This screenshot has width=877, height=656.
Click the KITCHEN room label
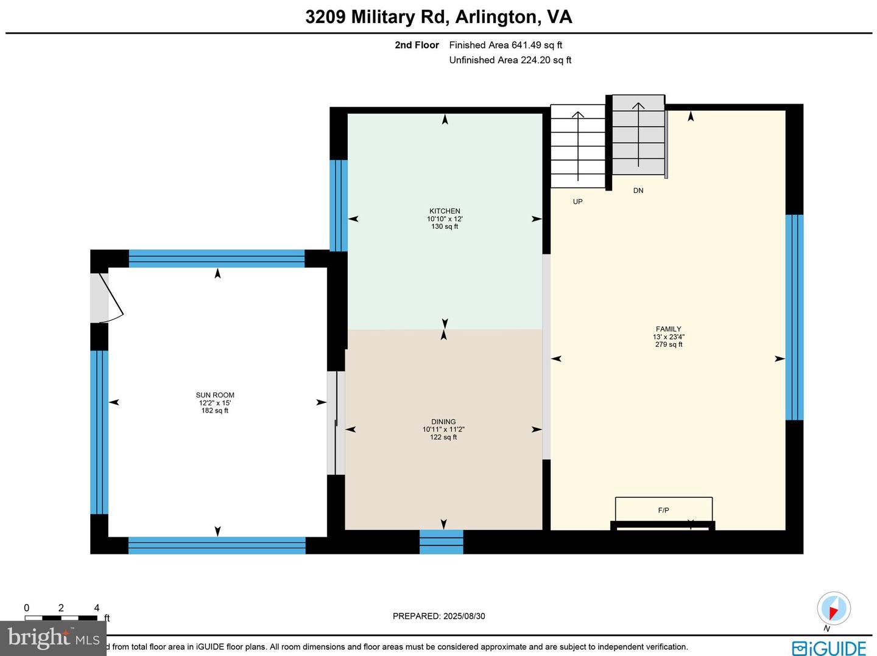(445, 211)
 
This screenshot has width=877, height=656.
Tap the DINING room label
(443, 422)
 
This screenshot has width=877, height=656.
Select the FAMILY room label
(668, 329)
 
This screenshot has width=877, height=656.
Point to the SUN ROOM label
(215, 395)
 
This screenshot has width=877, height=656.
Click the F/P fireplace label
(663, 511)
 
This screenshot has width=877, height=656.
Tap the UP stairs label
(577, 201)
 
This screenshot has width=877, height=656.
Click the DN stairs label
(638, 190)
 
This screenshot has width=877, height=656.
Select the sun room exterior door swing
(110, 298)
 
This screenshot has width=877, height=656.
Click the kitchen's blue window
(339, 206)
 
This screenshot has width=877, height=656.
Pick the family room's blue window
(794, 317)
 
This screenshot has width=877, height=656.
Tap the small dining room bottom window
(441, 542)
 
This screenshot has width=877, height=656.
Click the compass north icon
(833, 608)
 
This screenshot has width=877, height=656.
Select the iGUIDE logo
(829, 647)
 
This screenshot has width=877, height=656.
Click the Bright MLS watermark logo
(53, 638)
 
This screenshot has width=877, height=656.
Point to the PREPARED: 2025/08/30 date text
(438, 616)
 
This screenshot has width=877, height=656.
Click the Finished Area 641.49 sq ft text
(505, 45)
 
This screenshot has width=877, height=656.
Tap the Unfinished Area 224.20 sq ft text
(510, 60)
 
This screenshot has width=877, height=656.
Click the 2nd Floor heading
(417, 45)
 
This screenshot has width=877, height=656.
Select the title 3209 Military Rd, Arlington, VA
(438, 16)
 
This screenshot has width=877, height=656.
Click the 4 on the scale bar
(97, 608)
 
